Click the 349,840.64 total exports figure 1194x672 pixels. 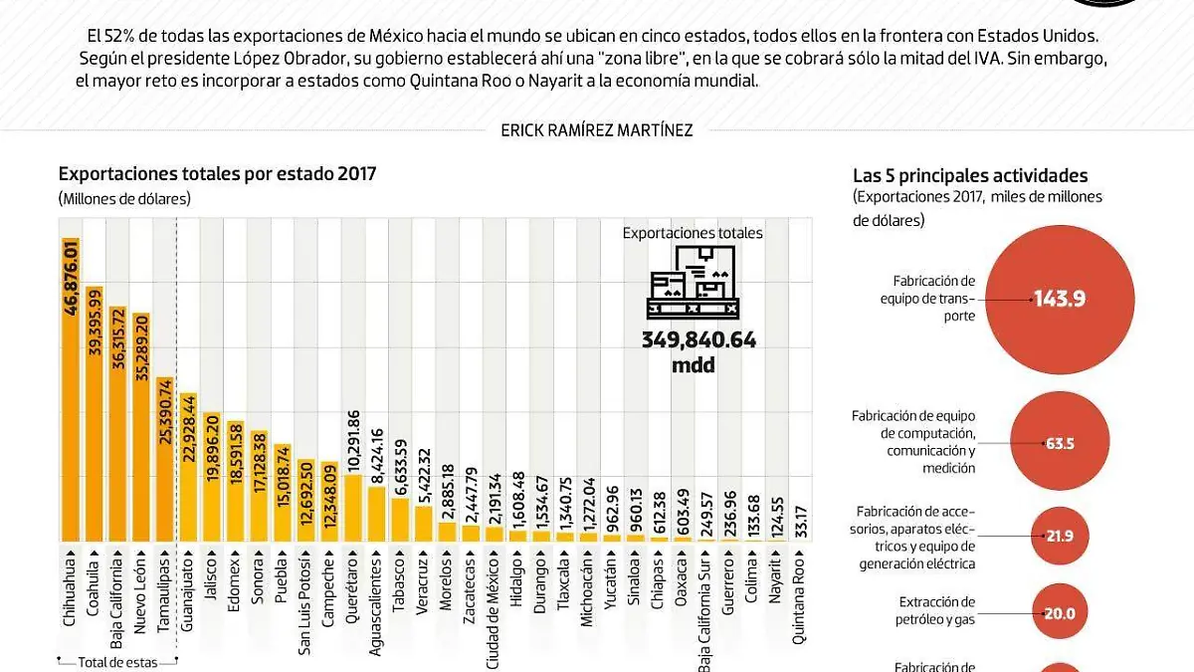pyautogui.click(x=698, y=340)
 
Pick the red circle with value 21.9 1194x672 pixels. pyautogui.click(x=1061, y=536)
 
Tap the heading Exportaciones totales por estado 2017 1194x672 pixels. pyautogui.click(x=217, y=173)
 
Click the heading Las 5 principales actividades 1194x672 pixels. pyautogui.click(x=970, y=175)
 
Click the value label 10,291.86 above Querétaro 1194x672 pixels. pyautogui.click(x=353, y=438)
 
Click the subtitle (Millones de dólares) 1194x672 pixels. pyautogui.click(x=124, y=198)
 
